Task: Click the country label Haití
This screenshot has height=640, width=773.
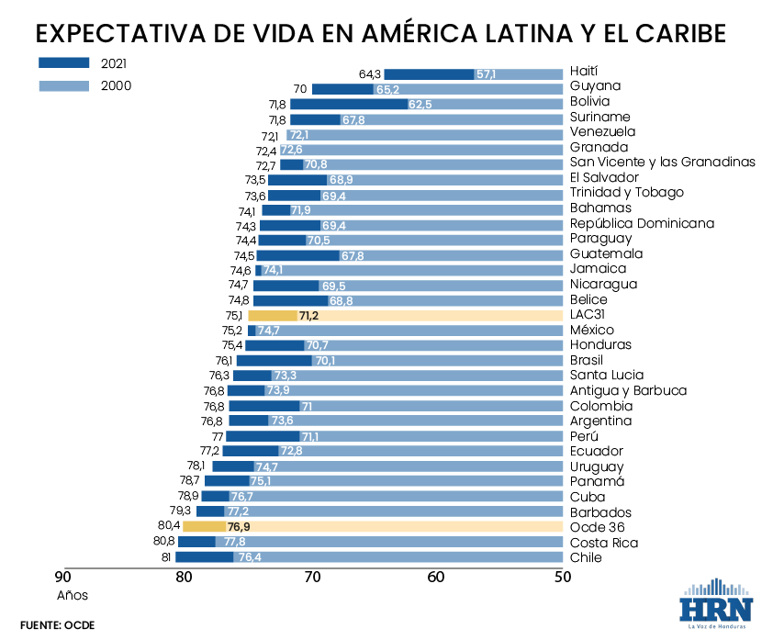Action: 584,72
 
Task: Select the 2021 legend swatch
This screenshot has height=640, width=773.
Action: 63,63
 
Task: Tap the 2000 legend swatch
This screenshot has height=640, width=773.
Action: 63,85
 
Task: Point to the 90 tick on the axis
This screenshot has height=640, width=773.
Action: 62,578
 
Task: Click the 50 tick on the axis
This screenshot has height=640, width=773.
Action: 562,578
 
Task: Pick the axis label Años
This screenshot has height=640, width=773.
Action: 72,595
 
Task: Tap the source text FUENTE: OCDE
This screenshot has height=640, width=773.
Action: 57,625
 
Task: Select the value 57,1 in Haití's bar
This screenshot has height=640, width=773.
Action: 486,74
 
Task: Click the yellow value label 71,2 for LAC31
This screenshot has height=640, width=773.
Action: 308,315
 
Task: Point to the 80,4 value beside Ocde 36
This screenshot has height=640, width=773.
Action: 169,527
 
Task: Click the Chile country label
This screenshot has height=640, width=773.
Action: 586,557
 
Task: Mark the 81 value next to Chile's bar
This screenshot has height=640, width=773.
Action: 166,557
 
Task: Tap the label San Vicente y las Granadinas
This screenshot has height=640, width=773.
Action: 662,163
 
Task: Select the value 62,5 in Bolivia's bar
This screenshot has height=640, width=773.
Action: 420,105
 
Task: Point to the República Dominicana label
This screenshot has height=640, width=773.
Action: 642,223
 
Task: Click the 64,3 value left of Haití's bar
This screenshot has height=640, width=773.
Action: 370,74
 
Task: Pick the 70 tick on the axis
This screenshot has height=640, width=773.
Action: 312,578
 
